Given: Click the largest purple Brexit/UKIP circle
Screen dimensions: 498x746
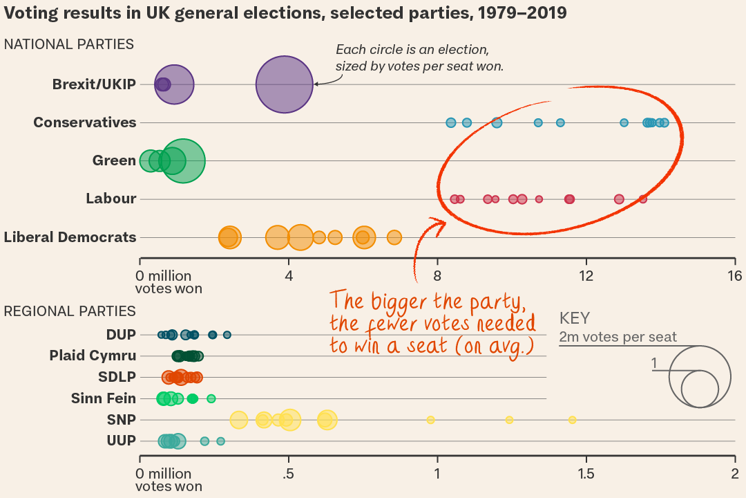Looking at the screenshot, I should [x=285, y=84].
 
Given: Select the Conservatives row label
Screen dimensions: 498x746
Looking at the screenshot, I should [x=85, y=122].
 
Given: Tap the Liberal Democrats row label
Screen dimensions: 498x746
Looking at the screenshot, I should [x=70, y=237].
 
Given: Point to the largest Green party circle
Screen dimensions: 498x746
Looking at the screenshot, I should [x=182, y=161].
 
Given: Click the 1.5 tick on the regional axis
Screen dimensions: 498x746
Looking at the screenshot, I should [x=586, y=474].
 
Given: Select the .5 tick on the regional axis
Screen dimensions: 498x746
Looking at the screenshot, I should [x=289, y=474].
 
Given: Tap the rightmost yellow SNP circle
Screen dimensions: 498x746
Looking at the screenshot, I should [x=572, y=420].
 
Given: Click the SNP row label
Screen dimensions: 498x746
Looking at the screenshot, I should [x=122, y=420].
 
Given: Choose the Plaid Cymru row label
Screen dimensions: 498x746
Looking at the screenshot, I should [x=93, y=356].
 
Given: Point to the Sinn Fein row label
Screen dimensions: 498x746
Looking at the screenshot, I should [x=104, y=398].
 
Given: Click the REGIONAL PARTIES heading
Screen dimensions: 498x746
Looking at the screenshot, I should [x=70, y=311].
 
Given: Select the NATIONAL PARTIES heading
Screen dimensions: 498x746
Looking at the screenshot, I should [x=69, y=44].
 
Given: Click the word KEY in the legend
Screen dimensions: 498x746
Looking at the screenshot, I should [x=575, y=318].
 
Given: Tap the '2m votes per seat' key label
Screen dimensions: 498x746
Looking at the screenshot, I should [x=618, y=338].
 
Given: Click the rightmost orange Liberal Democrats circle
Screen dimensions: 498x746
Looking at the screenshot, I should [x=394, y=237].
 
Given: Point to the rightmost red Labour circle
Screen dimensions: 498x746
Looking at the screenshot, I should [x=643, y=199].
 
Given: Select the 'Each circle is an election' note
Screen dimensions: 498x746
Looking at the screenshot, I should [x=413, y=50].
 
